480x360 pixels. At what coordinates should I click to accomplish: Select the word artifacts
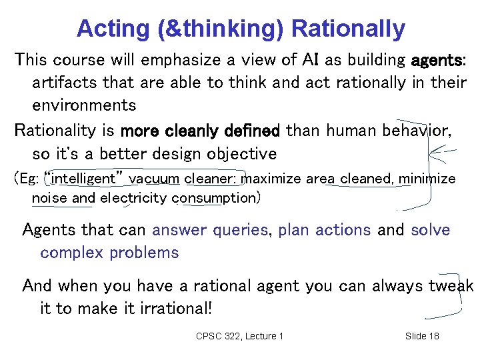coord(64,83)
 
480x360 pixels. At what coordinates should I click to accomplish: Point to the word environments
coord(84,105)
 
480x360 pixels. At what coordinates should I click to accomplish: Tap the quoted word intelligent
coord(84,179)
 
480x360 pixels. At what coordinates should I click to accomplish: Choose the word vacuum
coord(155,179)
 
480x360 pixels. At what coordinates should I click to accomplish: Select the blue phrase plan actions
coord(324,230)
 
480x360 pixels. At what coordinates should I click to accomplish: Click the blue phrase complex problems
coord(109,253)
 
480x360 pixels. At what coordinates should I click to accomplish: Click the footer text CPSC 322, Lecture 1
coord(239,336)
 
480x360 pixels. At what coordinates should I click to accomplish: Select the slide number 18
coord(433,336)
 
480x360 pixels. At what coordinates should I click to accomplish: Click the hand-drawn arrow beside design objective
coord(442,155)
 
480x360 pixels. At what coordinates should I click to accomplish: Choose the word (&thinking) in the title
coord(206,29)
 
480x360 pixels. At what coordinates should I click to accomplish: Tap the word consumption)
coord(216,198)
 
